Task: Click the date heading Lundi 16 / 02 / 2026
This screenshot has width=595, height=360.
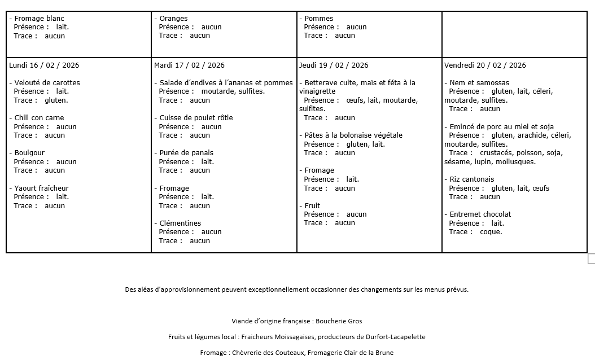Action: [x=44, y=65]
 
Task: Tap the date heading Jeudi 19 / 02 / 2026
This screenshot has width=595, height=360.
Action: [x=334, y=65]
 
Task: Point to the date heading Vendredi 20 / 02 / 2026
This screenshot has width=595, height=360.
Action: [x=485, y=65]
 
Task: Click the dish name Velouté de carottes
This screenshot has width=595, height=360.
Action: [x=47, y=83]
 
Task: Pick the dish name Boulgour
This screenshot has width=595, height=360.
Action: [x=29, y=153]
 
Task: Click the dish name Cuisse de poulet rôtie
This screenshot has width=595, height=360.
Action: [x=196, y=118]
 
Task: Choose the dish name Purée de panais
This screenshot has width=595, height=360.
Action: [x=186, y=153]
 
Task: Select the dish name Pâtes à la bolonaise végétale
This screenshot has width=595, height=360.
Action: [x=353, y=135]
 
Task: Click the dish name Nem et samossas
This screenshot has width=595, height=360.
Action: [x=479, y=83]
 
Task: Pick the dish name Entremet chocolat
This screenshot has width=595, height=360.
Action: [x=480, y=214]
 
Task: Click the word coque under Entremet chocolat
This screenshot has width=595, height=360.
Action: [x=490, y=232]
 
